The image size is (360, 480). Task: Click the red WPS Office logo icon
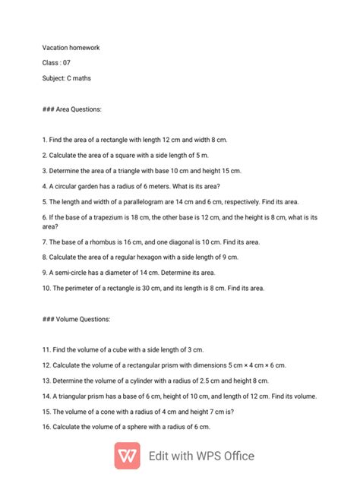pos(128,456)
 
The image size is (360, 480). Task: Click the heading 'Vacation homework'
pos(71,48)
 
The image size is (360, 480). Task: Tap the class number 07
pos(67,62)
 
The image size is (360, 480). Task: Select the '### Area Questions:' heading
pos(72,109)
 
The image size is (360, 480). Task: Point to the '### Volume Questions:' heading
pos(76,319)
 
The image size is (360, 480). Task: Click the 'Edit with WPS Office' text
pos(201,456)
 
